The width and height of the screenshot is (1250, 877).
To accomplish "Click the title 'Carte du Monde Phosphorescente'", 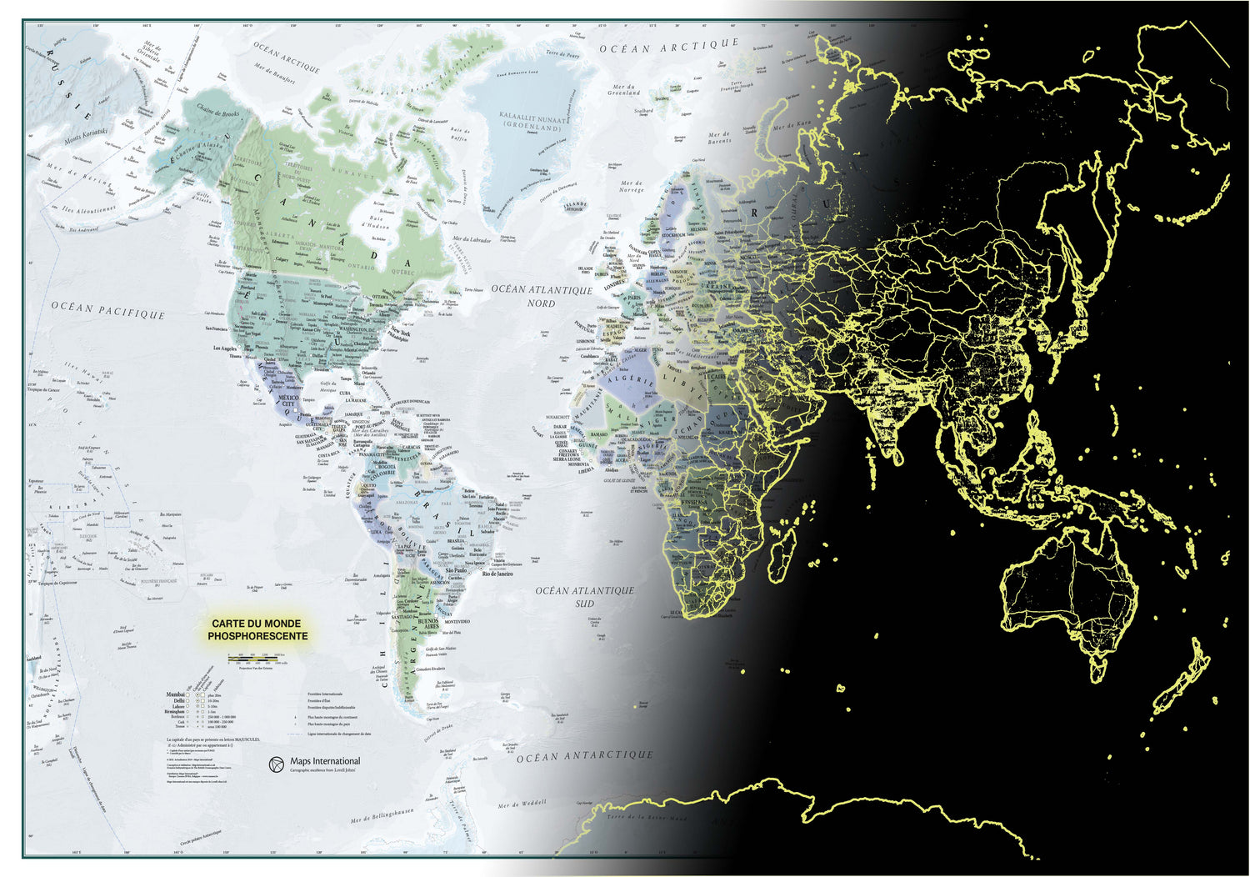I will (x=257, y=629).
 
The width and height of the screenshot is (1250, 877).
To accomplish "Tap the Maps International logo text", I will (x=324, y=761).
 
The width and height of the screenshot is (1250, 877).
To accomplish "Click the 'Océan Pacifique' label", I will (x=108, y=310).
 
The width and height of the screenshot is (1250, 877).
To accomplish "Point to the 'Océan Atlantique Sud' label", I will (x=584, y=596).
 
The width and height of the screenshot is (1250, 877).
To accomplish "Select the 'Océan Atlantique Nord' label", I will (x=541, y=296).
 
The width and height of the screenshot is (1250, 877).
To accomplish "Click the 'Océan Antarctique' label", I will (x=584, y=757).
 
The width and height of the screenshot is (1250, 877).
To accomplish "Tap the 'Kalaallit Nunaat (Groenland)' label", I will (x=534, y=121).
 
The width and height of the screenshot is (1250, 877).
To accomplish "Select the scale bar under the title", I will (x=258, y=659).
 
